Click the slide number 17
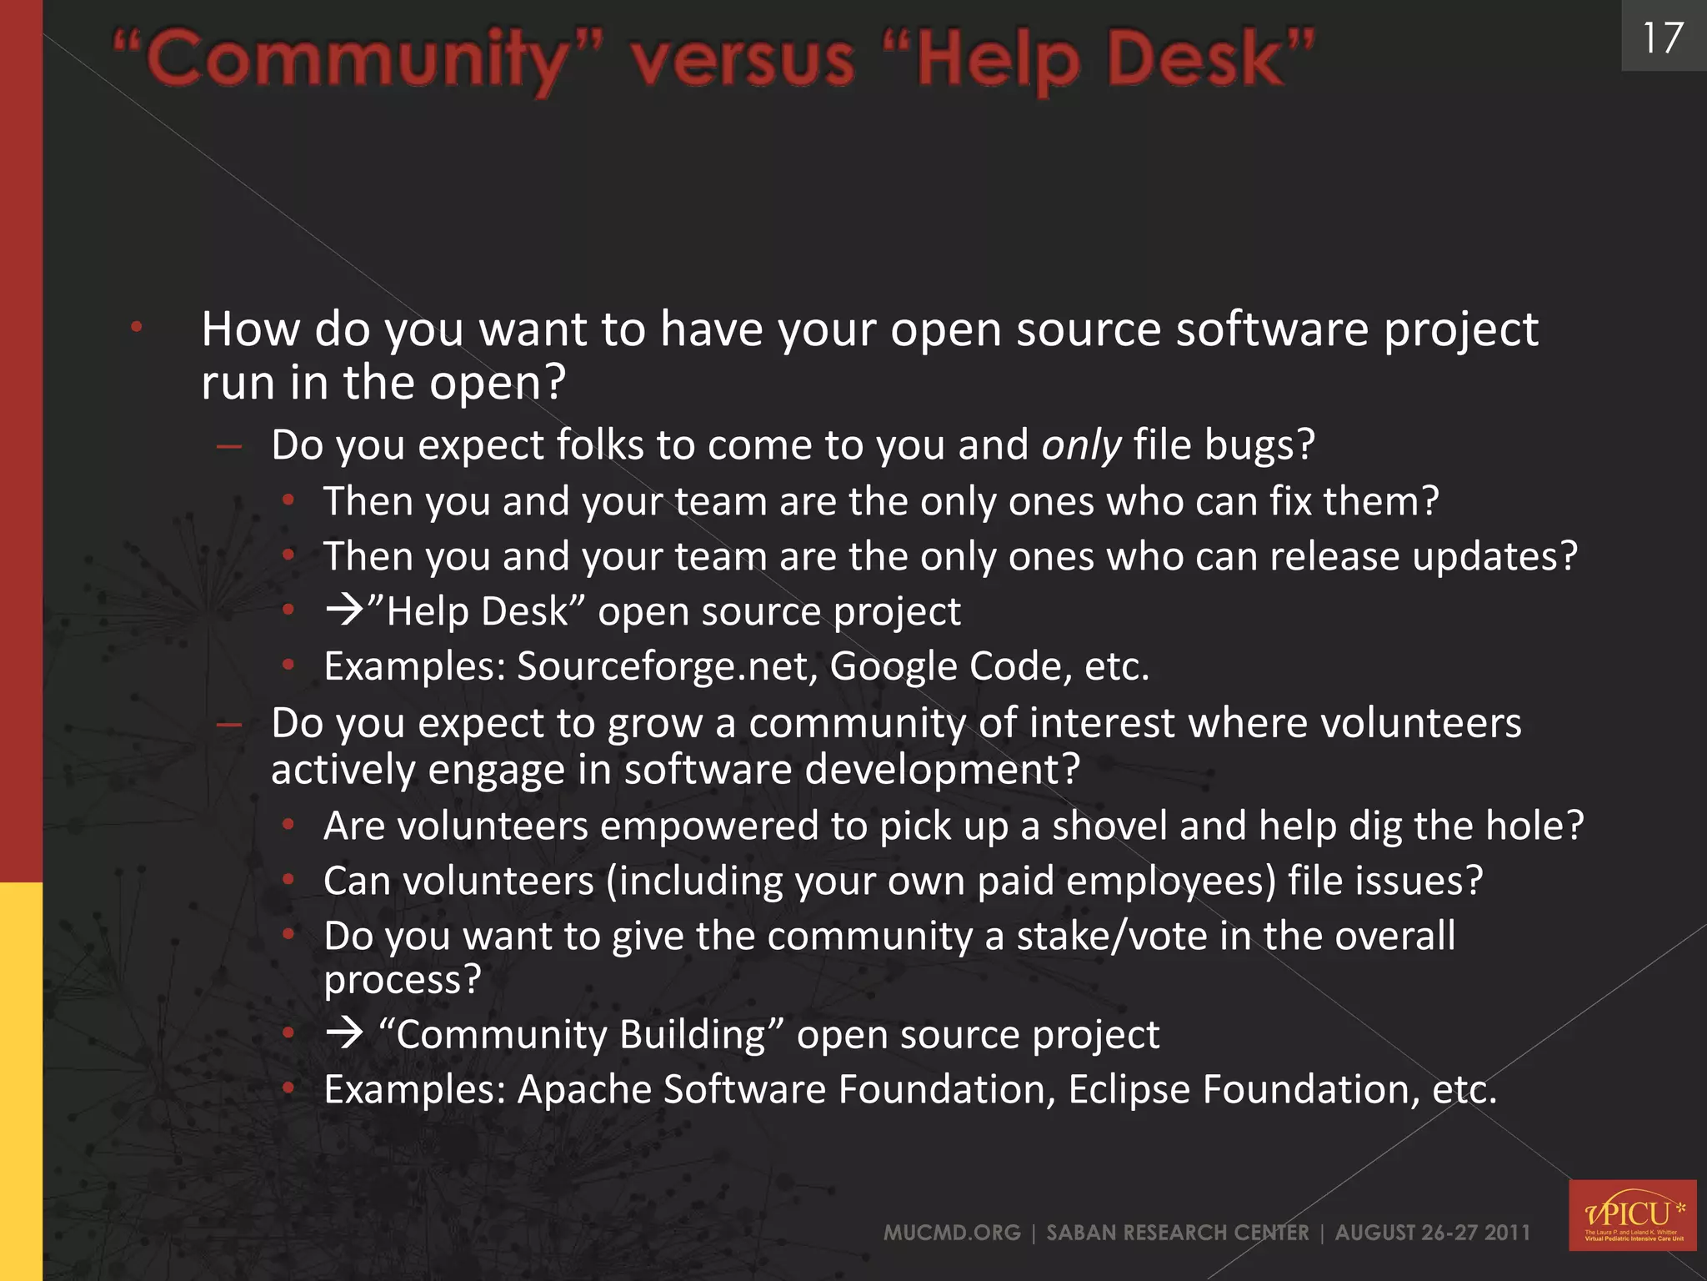(1662, 38)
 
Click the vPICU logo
(1632, 1214)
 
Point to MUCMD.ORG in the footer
(952, 1233)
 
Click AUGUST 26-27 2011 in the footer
(1432, 1233)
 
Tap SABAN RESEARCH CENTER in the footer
(1177, 1233)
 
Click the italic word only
(1081, 445)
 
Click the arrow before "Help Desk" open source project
(344, 610)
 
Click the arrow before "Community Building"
(344, 1034)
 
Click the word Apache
(583, 1089)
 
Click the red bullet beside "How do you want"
(137, 328)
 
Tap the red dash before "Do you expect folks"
(228, 447)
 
